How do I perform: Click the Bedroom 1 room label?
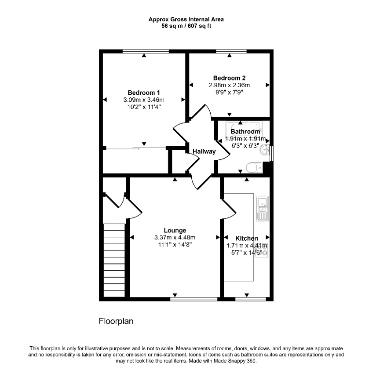point(144,93)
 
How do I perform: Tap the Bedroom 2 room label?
point(229,78)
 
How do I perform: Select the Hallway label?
point(204,151)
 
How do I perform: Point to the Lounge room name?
point(175,230)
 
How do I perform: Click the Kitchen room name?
point(247,238)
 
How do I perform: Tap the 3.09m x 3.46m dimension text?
point(144,100)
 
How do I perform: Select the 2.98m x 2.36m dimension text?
point(229,85)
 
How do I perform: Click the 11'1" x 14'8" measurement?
point(175,245)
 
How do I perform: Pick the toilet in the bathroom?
point(254,168)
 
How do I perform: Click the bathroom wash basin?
point(265,150)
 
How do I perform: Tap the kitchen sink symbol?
point(263,209)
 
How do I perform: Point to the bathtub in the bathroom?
point(244,129)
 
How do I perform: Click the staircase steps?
point(114,260)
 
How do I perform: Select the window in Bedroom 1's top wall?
point(146,51)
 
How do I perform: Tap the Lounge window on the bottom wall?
point(194,299)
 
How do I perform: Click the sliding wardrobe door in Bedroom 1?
point(136,148)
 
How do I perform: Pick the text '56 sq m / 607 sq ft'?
point(186,26)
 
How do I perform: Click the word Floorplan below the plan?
point(116,321)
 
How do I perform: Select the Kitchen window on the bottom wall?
point(250,299)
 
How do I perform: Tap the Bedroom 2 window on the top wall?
point(232,51)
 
